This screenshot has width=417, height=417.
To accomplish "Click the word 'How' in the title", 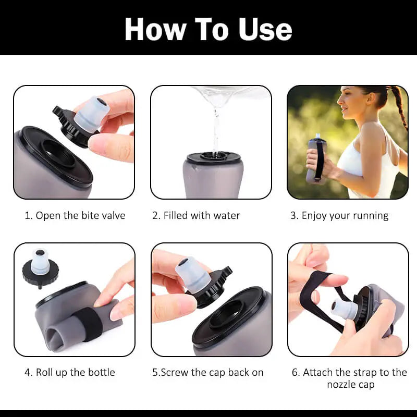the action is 155,29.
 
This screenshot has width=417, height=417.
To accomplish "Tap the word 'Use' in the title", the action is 265,29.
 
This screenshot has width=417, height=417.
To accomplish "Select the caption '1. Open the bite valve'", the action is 75,215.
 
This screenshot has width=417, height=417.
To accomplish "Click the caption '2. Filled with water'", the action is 197,215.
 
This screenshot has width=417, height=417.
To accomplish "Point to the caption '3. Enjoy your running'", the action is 339,216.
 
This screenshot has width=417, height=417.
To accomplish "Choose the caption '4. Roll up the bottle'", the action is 70,373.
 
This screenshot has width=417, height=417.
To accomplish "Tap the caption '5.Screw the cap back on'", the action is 207,373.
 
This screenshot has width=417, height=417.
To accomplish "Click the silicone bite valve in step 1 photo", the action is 92,114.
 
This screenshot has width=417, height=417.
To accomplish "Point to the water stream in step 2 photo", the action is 216,130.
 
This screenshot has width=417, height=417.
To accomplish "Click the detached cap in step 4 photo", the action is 41,268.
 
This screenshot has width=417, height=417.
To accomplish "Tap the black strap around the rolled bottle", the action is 89,324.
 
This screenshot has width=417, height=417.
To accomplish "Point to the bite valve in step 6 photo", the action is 344,309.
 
